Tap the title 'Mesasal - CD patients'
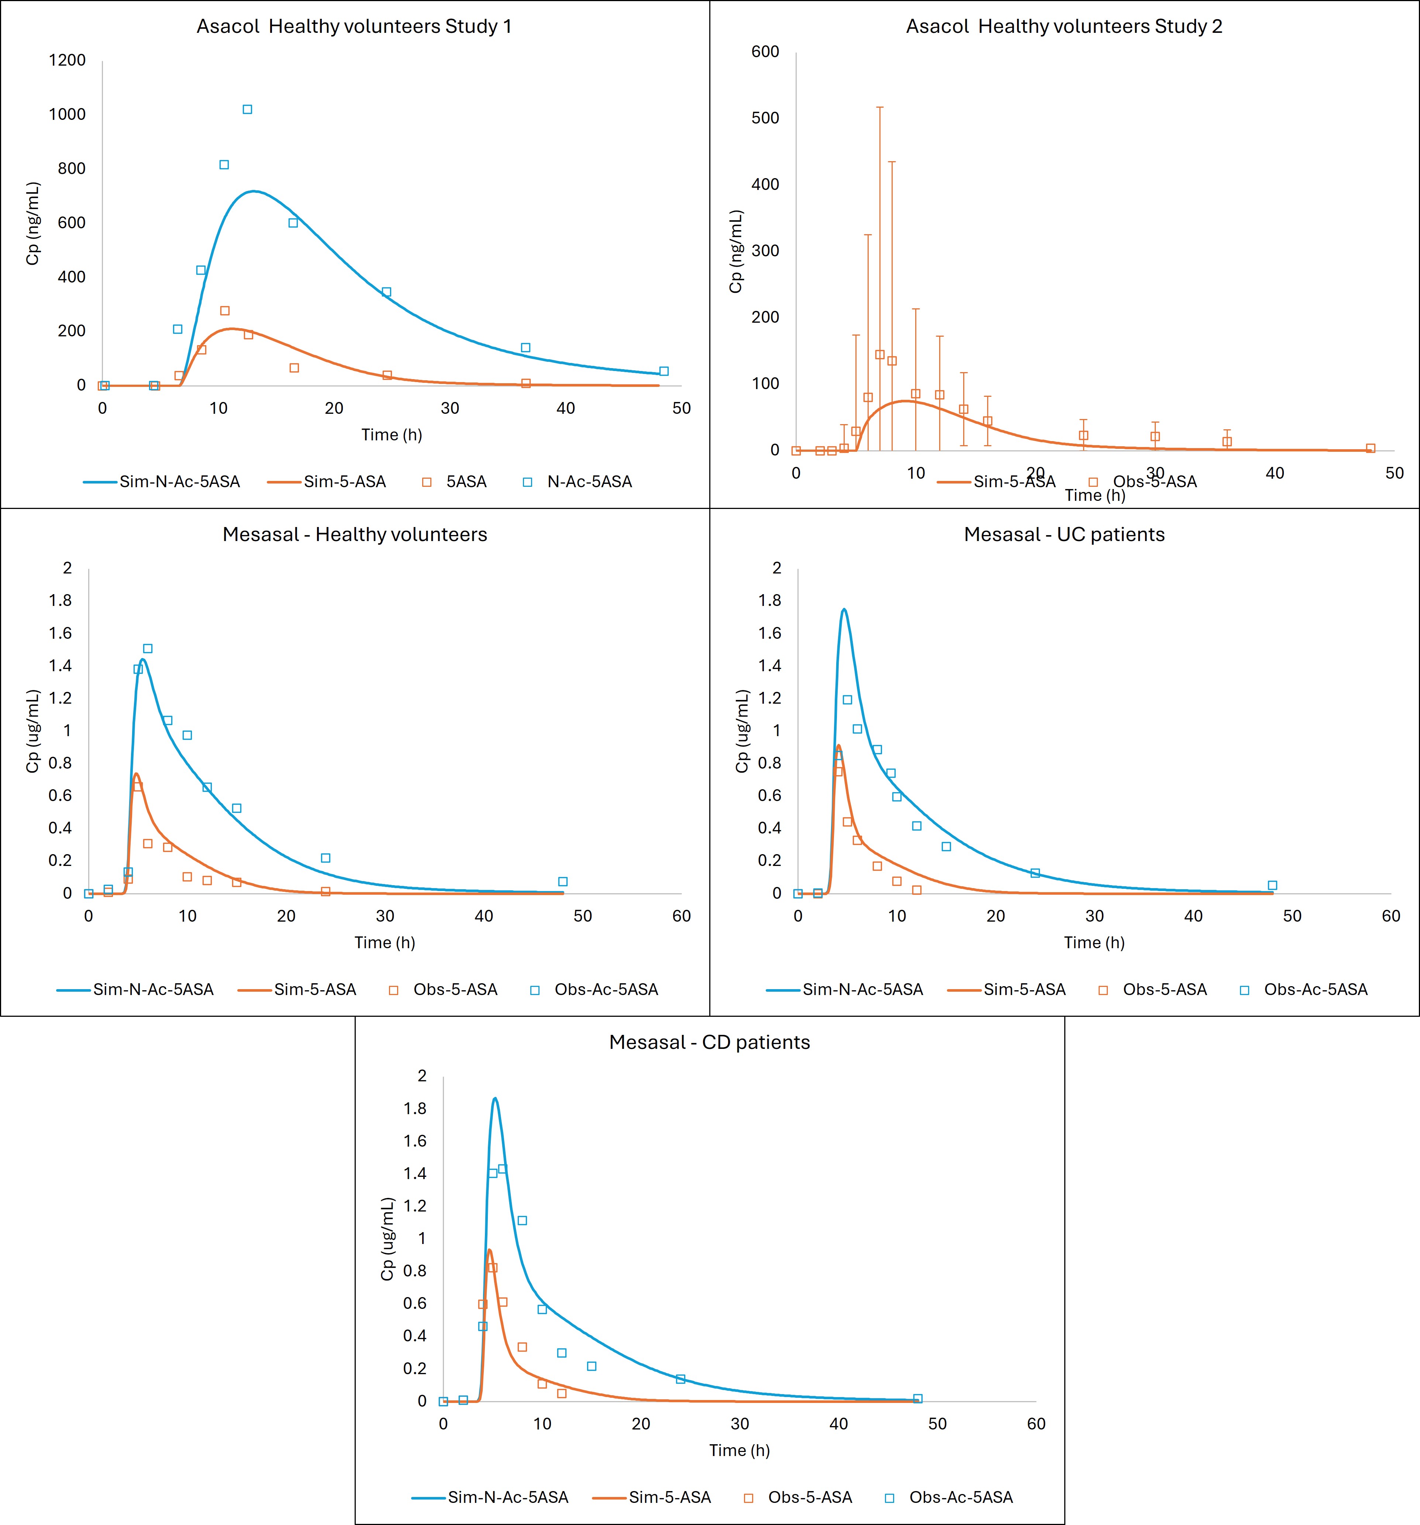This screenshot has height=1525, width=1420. (709, 1042)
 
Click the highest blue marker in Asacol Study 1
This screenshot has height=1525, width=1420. (247, 110)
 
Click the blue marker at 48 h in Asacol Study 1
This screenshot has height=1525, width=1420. (664, 371)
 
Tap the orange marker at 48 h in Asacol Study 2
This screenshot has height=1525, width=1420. (1370, 448)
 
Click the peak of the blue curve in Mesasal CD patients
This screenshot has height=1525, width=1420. (495, 1099)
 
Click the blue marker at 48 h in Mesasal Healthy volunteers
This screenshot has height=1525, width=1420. (563, 881)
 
